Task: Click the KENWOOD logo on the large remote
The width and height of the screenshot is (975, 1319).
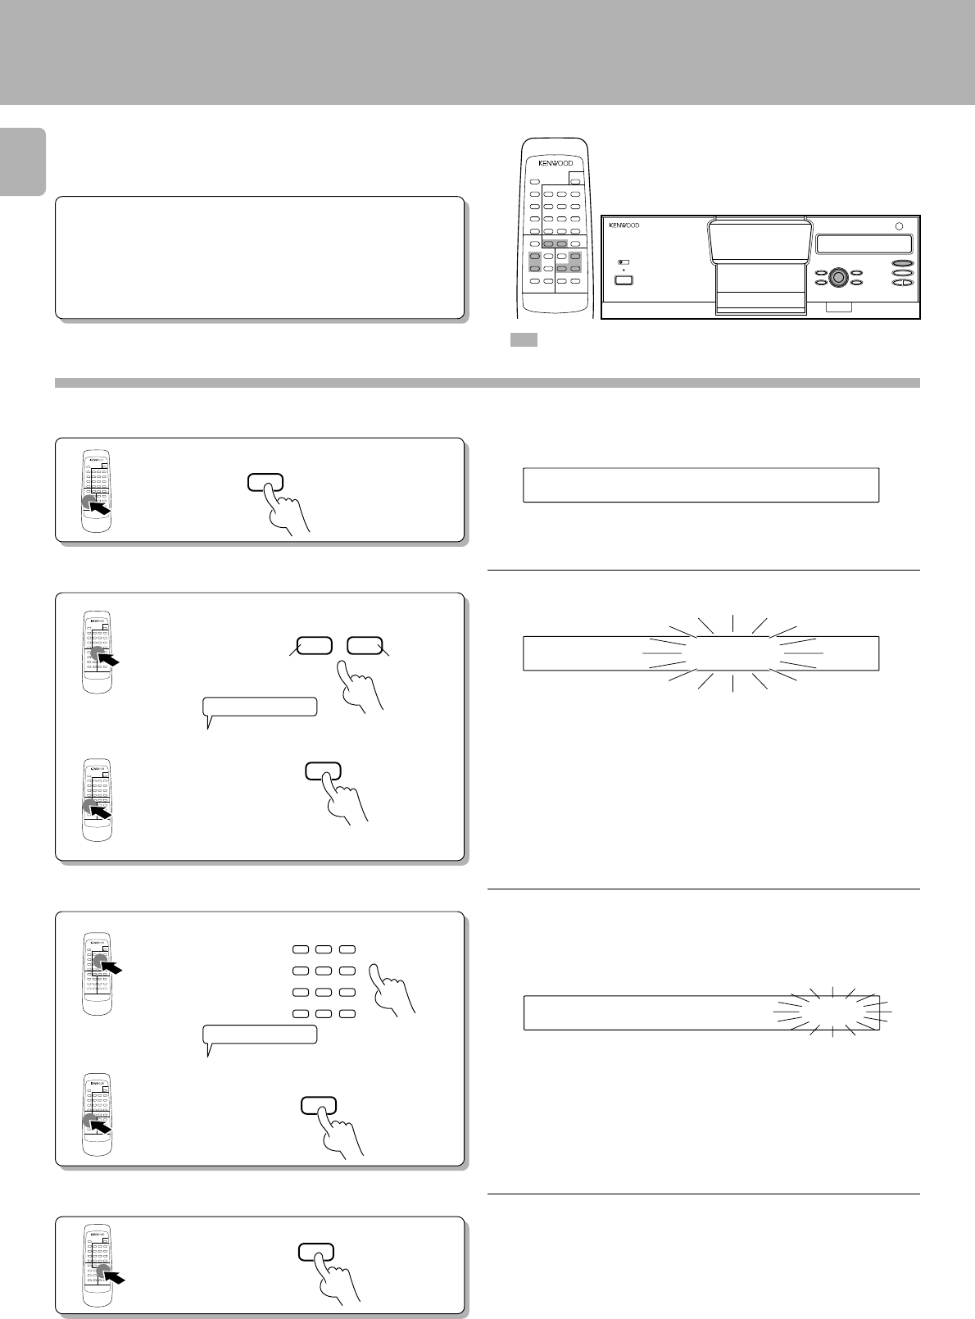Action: [x=556, y=163]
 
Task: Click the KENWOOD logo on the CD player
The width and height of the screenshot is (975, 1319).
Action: [x=624, y=225]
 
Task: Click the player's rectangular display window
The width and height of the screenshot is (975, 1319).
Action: [x=864, y=243]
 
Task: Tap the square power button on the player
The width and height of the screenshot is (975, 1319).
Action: [x=623, y=280]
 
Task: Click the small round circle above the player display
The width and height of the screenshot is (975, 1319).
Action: [x=899, y=226]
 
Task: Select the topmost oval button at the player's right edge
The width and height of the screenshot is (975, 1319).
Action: [x=903, y=263]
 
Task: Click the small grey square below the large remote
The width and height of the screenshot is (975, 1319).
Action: [x=524, y=339]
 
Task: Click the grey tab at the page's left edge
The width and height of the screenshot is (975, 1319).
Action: [x=23, y=161]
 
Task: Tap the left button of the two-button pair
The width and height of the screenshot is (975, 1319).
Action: [x=314, y=646]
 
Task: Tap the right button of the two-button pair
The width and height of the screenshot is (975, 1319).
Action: [x=365, y=646]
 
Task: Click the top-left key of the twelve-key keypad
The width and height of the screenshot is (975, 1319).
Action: [x=301, y=950]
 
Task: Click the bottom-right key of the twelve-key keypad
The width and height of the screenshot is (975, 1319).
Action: [x=347, y=1013]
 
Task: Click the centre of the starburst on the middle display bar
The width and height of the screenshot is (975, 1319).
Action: [x=733, y=653]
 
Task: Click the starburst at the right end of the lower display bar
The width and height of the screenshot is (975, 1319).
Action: [x=832, y=1012]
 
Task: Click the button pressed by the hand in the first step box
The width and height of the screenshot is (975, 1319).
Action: [x=265, y=482]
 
